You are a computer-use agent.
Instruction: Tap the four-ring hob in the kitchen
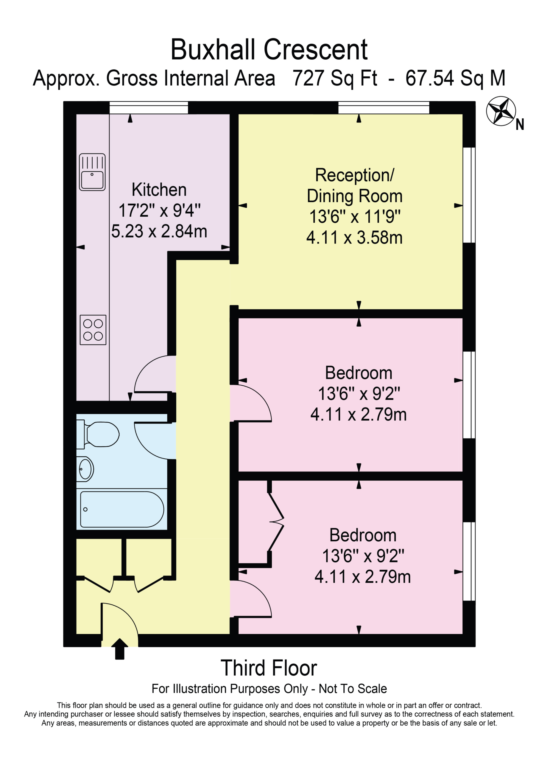click(93, 330)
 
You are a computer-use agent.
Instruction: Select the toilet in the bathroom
click(98, 434)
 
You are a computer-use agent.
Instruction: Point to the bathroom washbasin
click(85, 469)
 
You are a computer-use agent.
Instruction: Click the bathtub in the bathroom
click(122, 509)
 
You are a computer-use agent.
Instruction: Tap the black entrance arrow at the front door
click(119, 649)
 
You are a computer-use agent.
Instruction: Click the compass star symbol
click(501, 111)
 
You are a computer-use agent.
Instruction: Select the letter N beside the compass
click(520, 125)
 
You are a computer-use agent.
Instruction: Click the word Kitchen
click(159, 190)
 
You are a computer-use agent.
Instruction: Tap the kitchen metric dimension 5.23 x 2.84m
click(159, 231)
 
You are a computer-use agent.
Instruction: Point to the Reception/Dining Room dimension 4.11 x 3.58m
click(354, 238)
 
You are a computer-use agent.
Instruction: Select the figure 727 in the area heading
click(308, 78)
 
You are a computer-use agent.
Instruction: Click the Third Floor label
click(269, 668)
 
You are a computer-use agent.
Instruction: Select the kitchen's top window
click(149, 108)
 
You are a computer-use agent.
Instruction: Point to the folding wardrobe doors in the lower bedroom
click(276, 522)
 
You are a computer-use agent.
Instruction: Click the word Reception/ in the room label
click(354, 175)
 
